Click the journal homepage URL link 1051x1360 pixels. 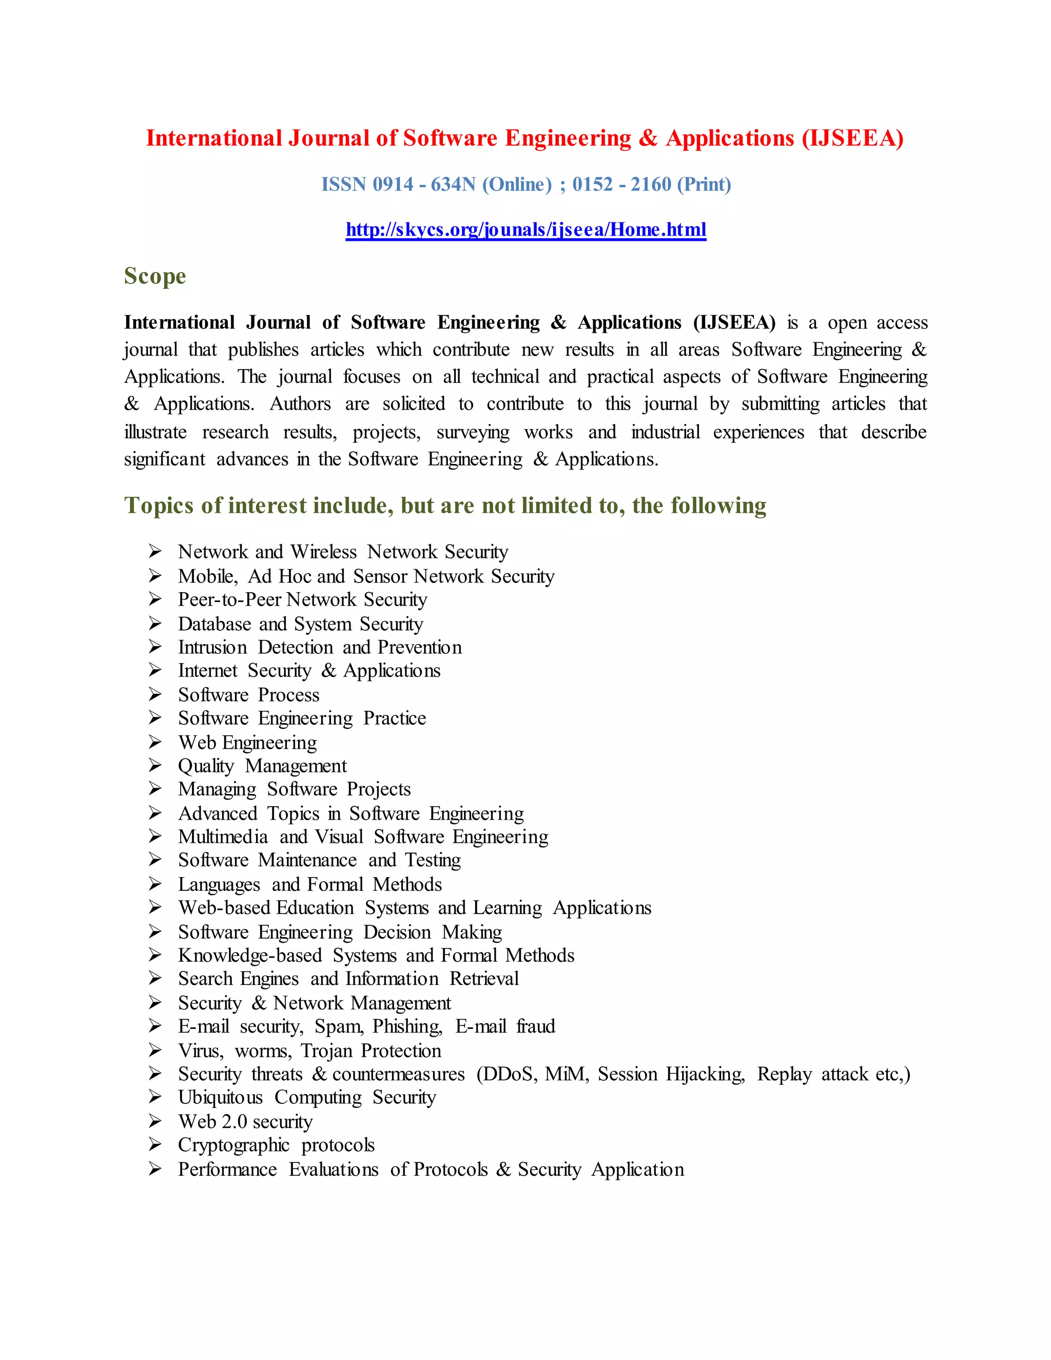point(525,230)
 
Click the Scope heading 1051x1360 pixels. point(155,276)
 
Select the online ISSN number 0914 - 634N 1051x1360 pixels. point(424,184)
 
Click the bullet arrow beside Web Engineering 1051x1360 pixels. point(155,742)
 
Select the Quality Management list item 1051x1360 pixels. point(262,766)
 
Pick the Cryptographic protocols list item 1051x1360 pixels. point(276,1145)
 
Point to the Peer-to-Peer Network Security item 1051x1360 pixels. point(303,599)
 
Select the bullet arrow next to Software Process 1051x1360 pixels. point(155,694)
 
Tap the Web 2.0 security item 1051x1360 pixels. point(245,1121)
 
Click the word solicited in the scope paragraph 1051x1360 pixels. point(414,404)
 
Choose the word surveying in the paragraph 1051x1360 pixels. point(473,432)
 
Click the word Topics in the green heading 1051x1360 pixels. point(160,506)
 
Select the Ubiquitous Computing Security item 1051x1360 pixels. point(307,1097)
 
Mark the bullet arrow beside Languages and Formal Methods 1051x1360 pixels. point(155,884)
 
